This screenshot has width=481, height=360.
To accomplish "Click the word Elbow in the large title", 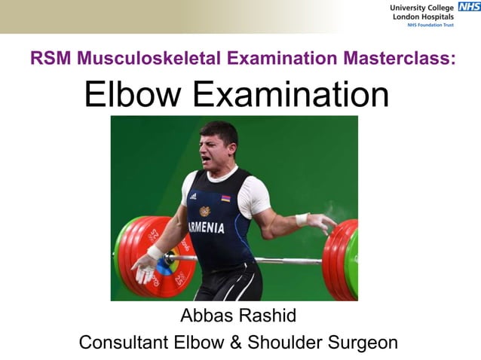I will (134, 95).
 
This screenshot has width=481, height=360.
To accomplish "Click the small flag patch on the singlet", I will (225, 198).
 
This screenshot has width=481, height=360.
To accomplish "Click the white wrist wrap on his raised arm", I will (302, 219).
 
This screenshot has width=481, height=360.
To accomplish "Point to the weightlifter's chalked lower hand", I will (142, 266).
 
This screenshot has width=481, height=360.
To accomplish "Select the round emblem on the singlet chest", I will (204, 211).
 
